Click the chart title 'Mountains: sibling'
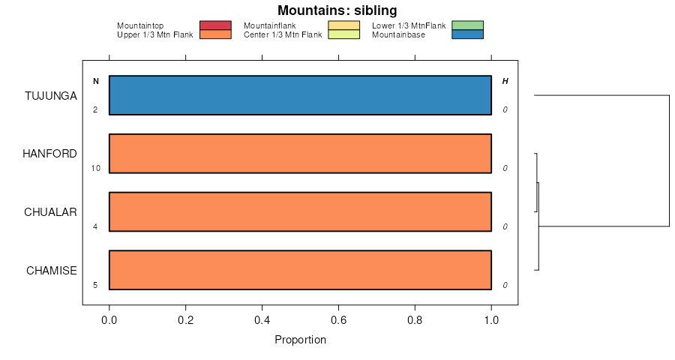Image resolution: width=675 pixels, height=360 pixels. pyautogui.click(x=337, y=10)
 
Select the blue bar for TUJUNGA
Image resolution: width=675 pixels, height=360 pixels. pyautogui.click(x=300, y=95)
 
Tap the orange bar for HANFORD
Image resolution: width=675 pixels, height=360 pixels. pyautogui.click(x=300, y=154)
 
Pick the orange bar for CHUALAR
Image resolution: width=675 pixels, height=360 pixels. pyautogui.click(x=300, y=211)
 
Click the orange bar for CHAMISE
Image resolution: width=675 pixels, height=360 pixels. pyautogui.click(x=300, y=270)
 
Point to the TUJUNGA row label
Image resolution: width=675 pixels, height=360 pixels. pyautogui.click(x=50, y=95)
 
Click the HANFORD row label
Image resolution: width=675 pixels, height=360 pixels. pyautogui.click(x=49, y=154)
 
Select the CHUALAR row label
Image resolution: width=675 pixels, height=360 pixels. pyautogui.click(x=50, y=212)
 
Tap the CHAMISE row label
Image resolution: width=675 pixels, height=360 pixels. pyautogui.click(x=51, y=271)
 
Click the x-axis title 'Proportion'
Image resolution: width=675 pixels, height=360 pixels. pyautogui.click(x=300, y=340)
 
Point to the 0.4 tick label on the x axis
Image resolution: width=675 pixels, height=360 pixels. pyautogui.click(x=262, y=319)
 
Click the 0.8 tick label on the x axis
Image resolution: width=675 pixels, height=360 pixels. pyautogui.click(x=415, y=319)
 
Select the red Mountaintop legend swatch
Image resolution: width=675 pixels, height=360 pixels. pyautogui.click(x=215, y=25)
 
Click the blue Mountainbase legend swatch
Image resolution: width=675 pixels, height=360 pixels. pyautogui.click(x=468, y=34)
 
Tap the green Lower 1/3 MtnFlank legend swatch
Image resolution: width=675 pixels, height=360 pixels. pyautogui.click(x=468, y=25)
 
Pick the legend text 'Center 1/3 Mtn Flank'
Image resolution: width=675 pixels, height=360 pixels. pyautogui.click(x=283, y=34)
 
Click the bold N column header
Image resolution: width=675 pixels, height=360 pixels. pyautogui.click(x=95, y=81)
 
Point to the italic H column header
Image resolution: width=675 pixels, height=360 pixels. pyautogui.click(x=505, y=81)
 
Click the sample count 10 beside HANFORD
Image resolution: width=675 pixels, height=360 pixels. pyautogui.click(x=95, y=168)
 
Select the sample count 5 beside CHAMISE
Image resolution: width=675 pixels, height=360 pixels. pyautogui.click(x=95, y=285)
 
